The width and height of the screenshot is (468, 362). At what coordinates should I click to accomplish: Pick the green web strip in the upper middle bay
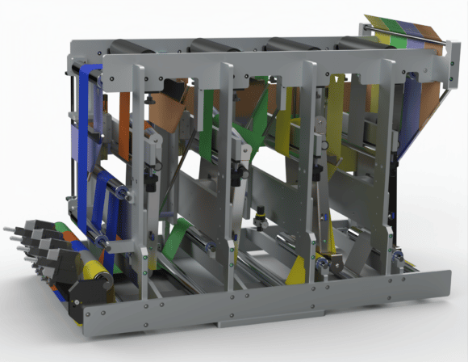(209, 121)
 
